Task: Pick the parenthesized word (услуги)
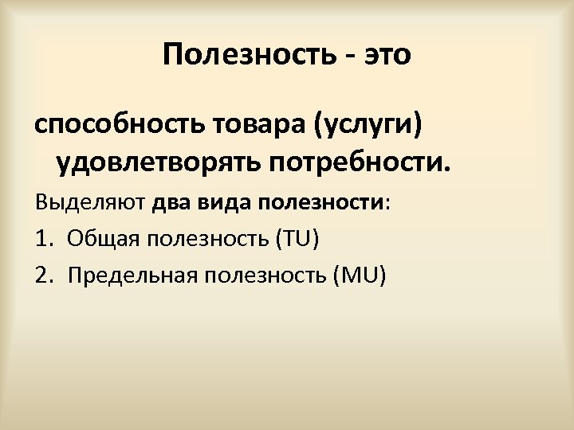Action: (370, 126)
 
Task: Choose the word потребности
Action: (360, 164)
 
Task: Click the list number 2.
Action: (42, 276)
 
